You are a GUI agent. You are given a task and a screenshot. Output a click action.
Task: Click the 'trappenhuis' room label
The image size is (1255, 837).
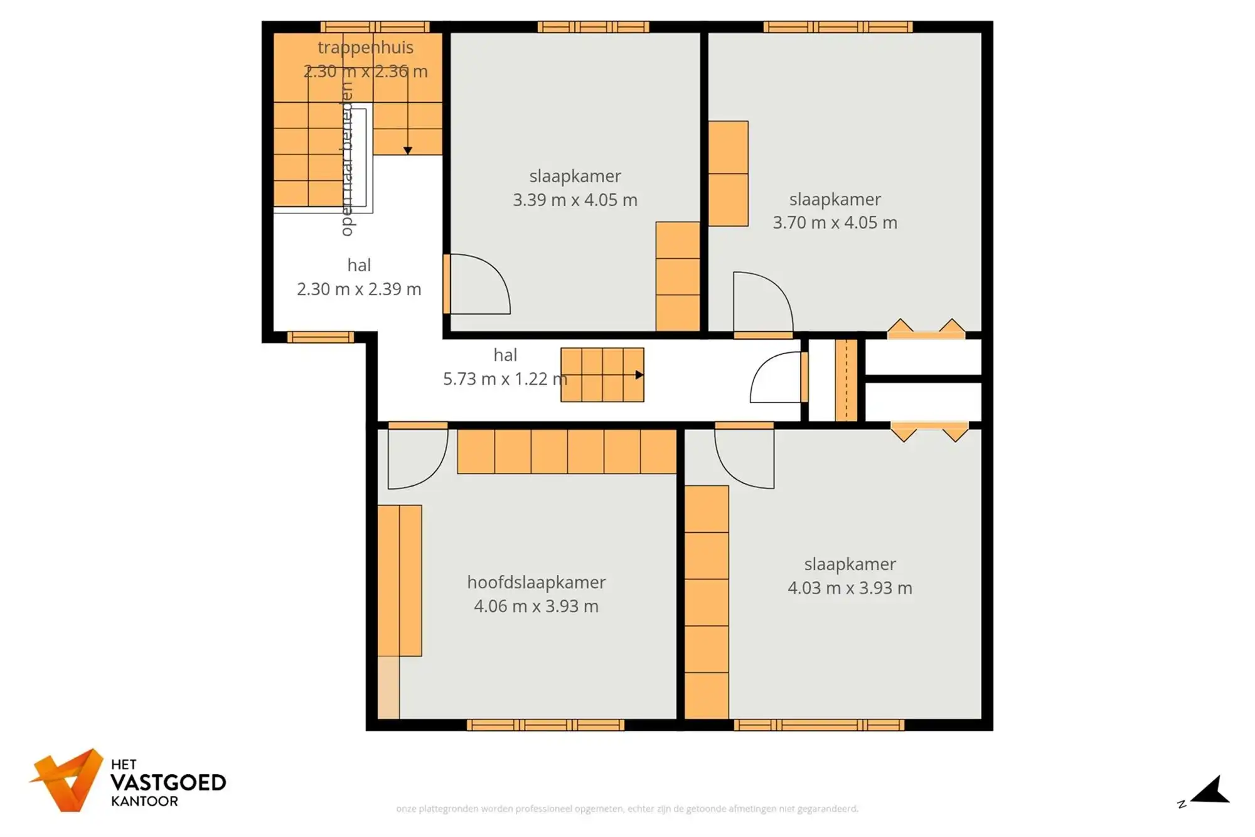tap(365, 47)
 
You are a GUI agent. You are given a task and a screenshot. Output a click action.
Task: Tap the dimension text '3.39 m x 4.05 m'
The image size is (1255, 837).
tap(575, 200)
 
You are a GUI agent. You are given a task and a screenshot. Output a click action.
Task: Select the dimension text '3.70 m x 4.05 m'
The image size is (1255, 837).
tap(835, 222)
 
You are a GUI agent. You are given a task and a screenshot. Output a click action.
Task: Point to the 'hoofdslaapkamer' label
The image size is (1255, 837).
tap(536, 582)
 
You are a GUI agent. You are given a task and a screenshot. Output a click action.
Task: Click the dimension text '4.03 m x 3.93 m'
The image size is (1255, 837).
tap(850, 588)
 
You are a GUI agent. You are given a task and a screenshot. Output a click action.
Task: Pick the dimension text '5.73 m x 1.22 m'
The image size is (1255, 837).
tap(505, 379)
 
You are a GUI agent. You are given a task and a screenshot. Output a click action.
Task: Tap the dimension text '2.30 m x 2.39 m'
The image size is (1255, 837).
tap(358, 289)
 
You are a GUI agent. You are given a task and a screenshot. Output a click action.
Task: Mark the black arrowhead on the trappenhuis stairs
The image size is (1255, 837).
tap(408, 150)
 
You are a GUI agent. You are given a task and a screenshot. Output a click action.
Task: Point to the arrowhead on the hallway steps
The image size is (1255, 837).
tap(639, 375)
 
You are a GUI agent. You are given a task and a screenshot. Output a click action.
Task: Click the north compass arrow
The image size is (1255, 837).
tap(1212, 791)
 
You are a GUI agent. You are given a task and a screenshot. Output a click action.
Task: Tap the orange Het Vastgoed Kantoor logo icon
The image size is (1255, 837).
tap(67, 779)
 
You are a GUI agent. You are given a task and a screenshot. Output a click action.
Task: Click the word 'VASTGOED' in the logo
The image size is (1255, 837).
tap(168, 782)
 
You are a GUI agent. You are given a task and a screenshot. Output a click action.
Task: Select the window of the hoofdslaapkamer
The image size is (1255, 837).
tap(545, 725)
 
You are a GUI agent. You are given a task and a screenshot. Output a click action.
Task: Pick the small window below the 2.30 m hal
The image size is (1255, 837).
tap(320, 337)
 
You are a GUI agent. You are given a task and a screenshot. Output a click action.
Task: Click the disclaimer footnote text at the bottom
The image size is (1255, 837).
tap(627, 809)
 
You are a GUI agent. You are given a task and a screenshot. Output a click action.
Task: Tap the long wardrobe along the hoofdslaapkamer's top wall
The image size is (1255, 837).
tap(566, 451)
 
